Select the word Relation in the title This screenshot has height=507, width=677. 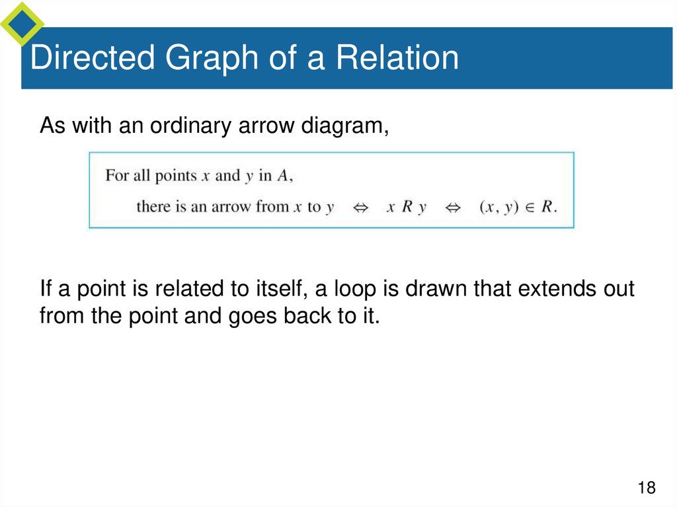click(x=397, y=58)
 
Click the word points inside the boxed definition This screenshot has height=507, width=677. click(x=176, y=176)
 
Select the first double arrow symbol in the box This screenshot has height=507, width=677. click(x=361, y=207)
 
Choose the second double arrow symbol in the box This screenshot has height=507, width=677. click(x=453, y=207)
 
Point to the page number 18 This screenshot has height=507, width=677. click(x=646, y=488)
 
